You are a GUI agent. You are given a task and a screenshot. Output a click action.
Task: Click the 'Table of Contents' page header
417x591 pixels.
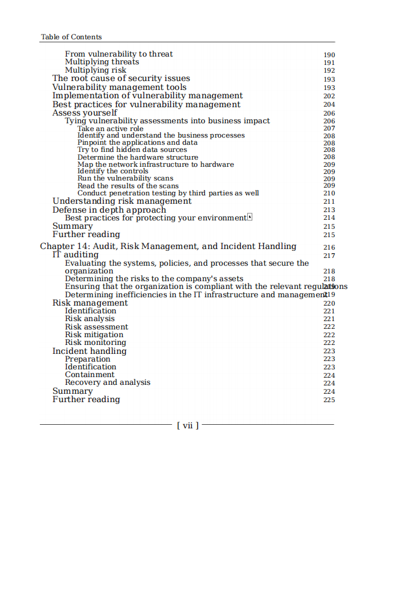(71, 37)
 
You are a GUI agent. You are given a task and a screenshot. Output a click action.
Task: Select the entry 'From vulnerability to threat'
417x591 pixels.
(119, 54)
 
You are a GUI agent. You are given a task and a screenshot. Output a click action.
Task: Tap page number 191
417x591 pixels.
(329, 63)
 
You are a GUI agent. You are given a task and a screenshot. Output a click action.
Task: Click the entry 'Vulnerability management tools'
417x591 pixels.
(119, 87)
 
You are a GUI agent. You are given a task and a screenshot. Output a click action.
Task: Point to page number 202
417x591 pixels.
(329, 96)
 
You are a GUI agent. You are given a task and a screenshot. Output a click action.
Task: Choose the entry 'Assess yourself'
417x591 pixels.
(85, 113)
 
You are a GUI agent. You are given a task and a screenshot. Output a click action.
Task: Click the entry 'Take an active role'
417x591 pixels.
(110, 129)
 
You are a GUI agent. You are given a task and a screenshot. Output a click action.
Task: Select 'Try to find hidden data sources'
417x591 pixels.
(132, 150)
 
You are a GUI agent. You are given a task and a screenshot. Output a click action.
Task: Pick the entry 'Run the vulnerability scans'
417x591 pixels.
(125, 178)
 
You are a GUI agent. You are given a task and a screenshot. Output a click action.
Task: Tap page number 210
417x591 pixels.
(329, 194)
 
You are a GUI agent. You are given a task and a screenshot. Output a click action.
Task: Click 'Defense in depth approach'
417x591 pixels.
(109, 210)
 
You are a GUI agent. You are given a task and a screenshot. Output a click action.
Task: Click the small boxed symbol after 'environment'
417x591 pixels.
(250, 217)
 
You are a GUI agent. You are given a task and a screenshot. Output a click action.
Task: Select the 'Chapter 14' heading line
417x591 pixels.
(168, 246)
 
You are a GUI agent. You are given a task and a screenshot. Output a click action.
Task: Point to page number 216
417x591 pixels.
(329, 247)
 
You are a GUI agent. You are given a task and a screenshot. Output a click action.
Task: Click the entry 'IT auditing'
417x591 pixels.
(75, 255)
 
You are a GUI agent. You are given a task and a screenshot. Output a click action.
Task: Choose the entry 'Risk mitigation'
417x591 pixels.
(94, 335)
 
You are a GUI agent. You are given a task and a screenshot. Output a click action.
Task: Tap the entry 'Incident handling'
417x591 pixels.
(89, 351)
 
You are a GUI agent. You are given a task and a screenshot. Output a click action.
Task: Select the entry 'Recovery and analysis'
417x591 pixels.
(107, 382)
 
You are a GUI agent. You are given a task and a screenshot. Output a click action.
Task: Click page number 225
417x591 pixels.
(329, 400)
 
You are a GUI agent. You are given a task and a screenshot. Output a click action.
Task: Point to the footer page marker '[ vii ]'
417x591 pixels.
(187, 425)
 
